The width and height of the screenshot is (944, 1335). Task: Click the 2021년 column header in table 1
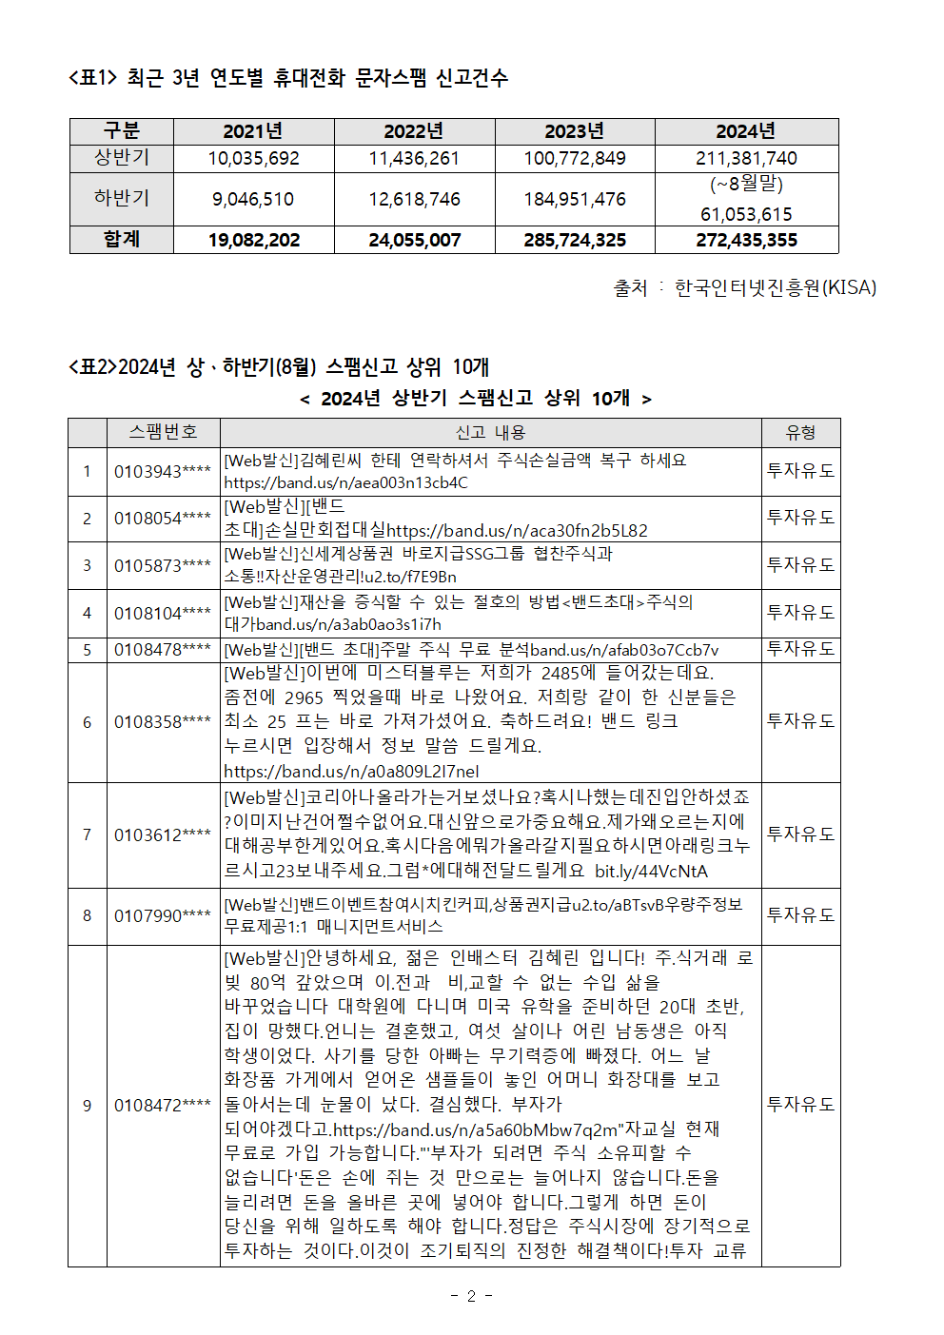[x=252, y=131]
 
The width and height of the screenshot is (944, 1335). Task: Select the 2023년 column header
[x=574, y=131]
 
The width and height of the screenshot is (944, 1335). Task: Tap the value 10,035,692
[x=253, y=158]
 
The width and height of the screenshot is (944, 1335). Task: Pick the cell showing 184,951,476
[x=575, y=199]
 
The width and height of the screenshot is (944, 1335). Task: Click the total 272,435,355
[x=746, y=240]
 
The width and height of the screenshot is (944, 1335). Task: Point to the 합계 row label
[x=122, y=239]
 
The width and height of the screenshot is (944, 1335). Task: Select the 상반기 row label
[x=122, y=157]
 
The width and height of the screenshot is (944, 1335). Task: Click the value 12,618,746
[x=414, y=199]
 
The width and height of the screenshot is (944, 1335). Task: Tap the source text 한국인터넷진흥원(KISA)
[x=775, y=287]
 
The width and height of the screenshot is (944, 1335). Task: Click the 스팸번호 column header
[x=163, y=432]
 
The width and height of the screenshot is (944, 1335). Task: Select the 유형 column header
[x=800, y=433]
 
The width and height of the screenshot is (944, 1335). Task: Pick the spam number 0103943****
[x=163, y=471]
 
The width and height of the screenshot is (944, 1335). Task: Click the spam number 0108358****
[x=163, y=721]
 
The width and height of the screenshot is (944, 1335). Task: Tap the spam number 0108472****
[x=163, y=1105]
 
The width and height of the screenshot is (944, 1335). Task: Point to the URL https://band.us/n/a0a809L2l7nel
[x=351, y=771]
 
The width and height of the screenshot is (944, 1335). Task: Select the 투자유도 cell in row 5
[x=800, y=649]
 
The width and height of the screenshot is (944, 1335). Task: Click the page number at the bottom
[x=471, y=1295]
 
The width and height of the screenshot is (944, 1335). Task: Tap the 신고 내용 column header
[x=490, y=433]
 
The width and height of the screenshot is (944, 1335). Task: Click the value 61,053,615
[x=746, y=214]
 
